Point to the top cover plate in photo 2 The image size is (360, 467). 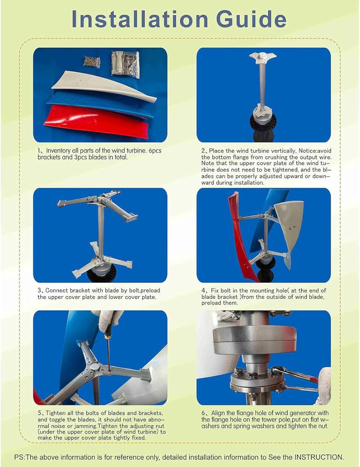[263, 57]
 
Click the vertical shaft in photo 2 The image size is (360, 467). [263, 84]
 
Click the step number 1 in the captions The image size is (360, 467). [40, 151]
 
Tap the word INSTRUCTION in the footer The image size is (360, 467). [318, 457]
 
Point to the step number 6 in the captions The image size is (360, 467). [203, 413]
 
